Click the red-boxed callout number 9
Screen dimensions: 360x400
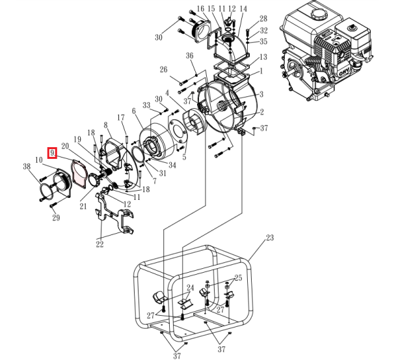pos(53,154)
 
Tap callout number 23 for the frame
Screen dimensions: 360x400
pos(271,239)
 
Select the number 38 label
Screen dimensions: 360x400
pos(27,167)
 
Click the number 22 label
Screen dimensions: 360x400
pos(100,244)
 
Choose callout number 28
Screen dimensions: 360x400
pos(263,19)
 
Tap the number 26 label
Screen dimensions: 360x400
pos(164,70)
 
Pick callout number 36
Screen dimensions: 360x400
pos(190,55)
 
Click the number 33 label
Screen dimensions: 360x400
pos(147,105)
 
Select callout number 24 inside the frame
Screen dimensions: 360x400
pos(191,287)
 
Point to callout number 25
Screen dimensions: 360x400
pos(238,278)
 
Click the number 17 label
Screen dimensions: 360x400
pos(120,117)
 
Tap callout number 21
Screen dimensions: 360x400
pos(83,206)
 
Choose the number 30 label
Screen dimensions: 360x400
pos(159,38)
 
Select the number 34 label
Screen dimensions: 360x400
pos(172,165)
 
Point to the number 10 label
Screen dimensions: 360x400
pos(38,160)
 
